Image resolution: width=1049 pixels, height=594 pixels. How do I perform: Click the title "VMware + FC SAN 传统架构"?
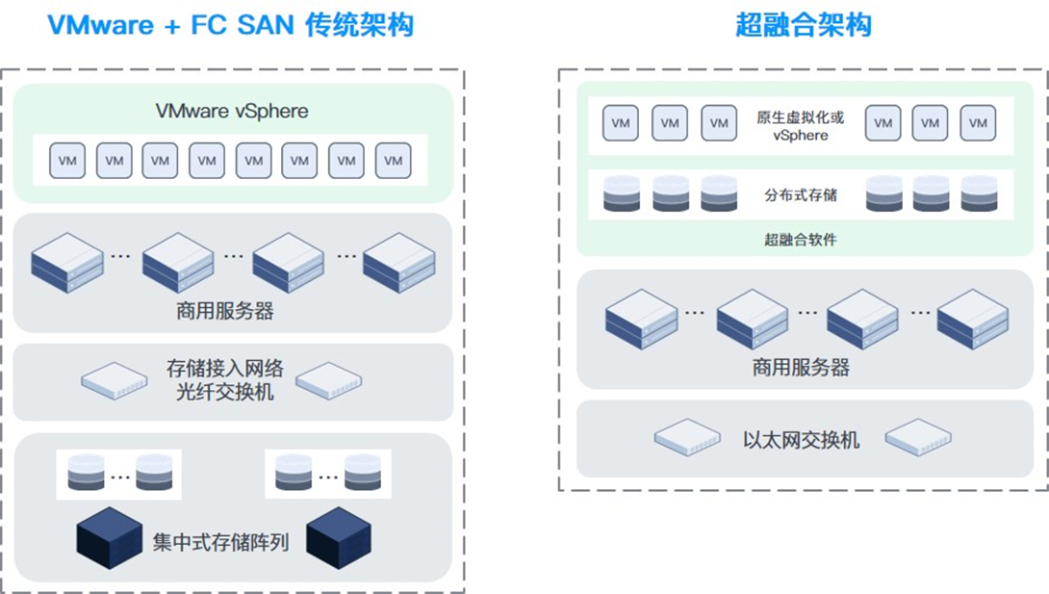(231, 25)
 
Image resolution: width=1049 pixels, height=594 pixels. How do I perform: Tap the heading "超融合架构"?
(803, 25)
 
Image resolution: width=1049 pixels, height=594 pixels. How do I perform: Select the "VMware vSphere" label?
(232, 111)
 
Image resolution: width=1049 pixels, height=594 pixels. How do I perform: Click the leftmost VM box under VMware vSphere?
(67, 161)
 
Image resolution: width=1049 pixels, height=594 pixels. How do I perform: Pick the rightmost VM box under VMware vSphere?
(394, 161)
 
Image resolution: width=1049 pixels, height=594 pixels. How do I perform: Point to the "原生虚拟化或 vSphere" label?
(800, 126)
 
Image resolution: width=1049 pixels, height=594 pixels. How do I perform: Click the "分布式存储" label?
(801, 195)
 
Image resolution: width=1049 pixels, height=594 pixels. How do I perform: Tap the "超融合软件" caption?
(801, 240)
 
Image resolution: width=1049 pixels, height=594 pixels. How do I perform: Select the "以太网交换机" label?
(801, 440)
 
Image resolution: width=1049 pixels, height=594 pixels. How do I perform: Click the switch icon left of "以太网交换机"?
(687, 437)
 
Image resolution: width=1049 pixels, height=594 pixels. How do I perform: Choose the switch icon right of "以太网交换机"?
(918, 437)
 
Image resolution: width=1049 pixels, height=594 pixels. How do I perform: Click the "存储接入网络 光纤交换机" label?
(225, 380)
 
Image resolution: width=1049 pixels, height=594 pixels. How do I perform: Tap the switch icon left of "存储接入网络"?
(115, 380)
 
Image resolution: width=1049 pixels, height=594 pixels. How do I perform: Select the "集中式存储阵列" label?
(220, 542)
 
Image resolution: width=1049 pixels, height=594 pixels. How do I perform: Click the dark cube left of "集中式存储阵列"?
(109, 538)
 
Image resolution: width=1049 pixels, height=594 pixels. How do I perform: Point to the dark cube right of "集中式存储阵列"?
(339, 538)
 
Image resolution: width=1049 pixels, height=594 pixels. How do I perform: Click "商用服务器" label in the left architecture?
(225, 311)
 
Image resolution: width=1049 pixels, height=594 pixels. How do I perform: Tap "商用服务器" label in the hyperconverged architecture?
(801, 367)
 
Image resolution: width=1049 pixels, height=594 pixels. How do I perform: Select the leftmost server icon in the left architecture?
(67, 263)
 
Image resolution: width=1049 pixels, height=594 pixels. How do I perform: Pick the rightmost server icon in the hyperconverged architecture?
(973, 320)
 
